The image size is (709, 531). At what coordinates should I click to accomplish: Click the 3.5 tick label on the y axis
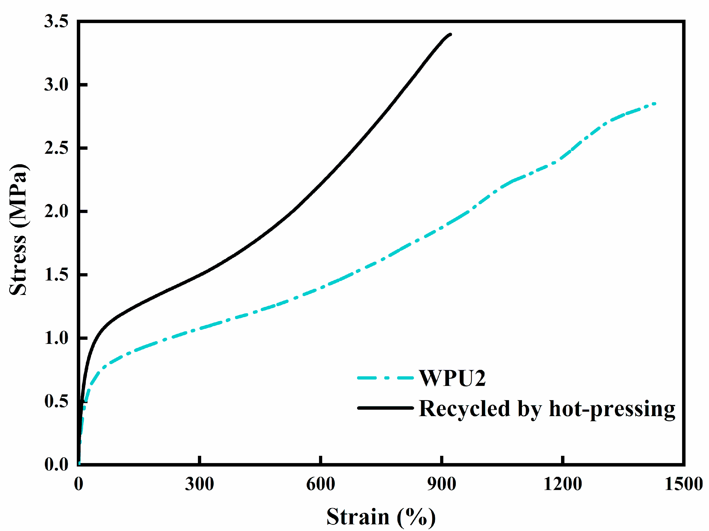[x=56, y=22]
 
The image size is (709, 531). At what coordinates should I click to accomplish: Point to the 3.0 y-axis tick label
[x=56, y=85]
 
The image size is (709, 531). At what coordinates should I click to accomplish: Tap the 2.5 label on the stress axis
[x=56, y=148]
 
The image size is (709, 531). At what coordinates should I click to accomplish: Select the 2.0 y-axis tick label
[x=56, y=211]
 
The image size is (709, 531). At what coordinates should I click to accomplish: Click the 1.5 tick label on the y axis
[x=56, y=275]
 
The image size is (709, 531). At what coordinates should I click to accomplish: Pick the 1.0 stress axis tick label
[x=56, y=338]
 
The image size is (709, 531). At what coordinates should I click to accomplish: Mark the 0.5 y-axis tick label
[x=56, y=401]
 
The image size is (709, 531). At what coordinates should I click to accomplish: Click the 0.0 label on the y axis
[x=56, y=464]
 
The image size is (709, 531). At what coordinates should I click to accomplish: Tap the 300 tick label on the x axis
[x=199, y=484]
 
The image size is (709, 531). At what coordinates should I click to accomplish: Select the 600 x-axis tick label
[x=321, y=484]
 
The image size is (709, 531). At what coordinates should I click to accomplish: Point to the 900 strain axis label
[x=442, y=484]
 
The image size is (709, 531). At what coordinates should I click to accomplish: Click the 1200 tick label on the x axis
[x=563, y=484]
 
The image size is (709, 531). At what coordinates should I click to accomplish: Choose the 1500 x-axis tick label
[x=684, y=484]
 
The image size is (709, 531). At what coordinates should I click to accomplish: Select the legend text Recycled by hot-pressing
[x=547, y=409]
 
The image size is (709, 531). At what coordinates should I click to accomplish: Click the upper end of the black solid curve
[x=450, y=34]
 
